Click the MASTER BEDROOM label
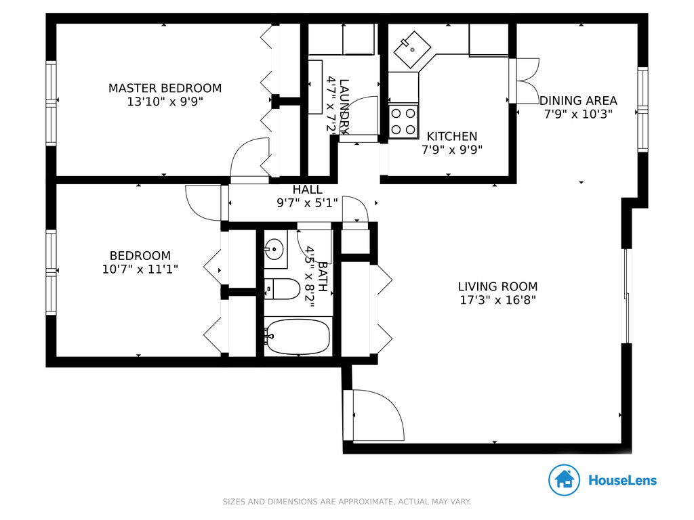[165, 88]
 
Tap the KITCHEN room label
[452, 136]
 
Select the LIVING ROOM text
[498, 286]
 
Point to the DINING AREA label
[579, 100]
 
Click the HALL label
[307, 190]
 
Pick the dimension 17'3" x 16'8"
[498, 300]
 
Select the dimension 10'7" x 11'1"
[140, 269]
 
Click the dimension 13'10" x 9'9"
[165, 102]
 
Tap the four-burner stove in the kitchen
[403, 121]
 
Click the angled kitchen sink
[412, 49]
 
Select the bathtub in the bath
[298, 337]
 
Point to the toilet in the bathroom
[282, 289]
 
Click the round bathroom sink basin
[274, 248]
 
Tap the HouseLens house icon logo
[564, 480]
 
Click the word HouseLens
[622, 480]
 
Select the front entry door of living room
[374, 415]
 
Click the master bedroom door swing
[250, 159]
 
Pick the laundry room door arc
[359, 116]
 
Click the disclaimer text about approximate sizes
[346, 502]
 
